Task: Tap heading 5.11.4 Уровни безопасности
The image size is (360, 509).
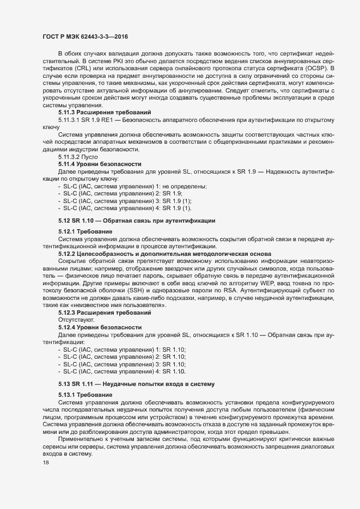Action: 100,164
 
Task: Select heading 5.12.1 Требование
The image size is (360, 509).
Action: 82,231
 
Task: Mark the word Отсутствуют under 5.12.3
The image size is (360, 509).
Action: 76,320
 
